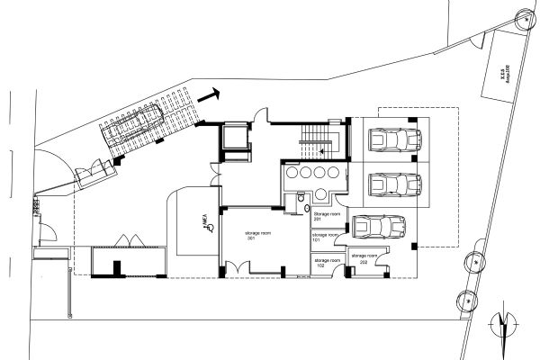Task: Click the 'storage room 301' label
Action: [258, 236]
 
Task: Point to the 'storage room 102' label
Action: [325, 262]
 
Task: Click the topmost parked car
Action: [394, 141]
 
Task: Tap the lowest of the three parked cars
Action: [377, 225]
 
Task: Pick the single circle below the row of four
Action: [321, 193]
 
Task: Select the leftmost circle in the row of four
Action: [292, 172]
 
